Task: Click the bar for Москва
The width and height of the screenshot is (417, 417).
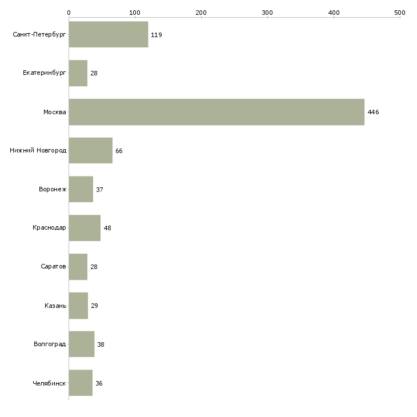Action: tap(216, 112)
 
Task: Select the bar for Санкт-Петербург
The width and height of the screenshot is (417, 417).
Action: tap(109, 35)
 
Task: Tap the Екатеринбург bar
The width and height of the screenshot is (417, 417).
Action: tap(78, 73)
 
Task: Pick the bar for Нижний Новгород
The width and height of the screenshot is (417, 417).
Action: tap(91, 151)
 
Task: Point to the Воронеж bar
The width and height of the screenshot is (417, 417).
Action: tap(81, 189)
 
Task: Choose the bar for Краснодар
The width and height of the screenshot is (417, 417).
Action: tap(85, 228)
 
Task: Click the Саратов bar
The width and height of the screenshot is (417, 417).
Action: tap(78, 267)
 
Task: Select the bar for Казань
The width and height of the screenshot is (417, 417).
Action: tap(78, 306)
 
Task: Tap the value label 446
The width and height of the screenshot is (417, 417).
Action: tap(373, 112)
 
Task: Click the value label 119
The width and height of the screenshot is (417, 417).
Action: tap(156, 35)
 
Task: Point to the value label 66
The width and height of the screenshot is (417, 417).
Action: tap(119, 151)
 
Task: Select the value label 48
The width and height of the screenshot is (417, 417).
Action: tap(107, 228)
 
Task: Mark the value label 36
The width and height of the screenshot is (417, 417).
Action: tap(99, 383)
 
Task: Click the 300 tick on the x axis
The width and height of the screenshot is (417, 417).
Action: tap(267, 12)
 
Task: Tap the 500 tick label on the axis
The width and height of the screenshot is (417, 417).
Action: tap(400, 12)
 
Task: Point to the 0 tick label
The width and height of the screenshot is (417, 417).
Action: tap(69, 12)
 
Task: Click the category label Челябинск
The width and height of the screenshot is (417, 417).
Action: tap(49, 383)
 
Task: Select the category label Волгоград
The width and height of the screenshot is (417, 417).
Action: tap(50, 344)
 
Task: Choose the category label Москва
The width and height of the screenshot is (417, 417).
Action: tap(55, 112)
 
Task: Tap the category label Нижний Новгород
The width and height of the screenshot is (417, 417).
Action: tap(38, 151)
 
